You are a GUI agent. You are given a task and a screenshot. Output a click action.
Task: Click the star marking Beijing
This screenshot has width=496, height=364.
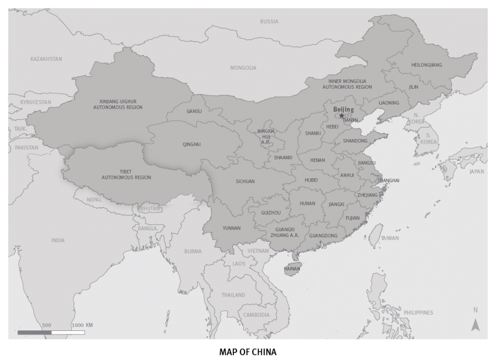[x=342, y=115]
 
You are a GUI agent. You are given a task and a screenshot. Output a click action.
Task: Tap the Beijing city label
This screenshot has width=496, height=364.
[x=344, y=110]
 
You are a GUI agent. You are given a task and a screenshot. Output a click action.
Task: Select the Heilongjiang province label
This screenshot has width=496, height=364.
[x=426, y=65]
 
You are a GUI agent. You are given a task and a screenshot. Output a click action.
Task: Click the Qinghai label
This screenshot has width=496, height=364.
[x=191, y=144]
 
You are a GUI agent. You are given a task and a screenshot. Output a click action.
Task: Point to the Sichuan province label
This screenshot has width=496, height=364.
[x=245, y=181]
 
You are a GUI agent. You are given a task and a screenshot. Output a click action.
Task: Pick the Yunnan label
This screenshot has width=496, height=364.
[x=231, y=228]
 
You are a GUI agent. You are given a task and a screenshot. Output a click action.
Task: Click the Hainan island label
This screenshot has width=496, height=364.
[x=292, y=269]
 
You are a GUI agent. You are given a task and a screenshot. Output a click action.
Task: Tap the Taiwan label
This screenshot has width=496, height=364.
[x=390, y=238]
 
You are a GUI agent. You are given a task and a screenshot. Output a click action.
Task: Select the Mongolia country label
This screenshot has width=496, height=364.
[x=243, y=68]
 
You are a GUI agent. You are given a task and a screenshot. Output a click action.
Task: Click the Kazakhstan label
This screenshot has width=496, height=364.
[x=46, y=59]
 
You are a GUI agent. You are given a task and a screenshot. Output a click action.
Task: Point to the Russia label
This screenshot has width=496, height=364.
[x=269, y=22]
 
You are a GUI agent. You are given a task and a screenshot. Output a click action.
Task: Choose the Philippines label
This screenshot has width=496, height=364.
[x=418, y=313]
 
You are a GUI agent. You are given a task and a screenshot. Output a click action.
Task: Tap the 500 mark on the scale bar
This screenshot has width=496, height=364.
[x=47, y=325]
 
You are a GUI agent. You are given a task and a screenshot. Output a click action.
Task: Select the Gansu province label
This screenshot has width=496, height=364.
[x=194, y=111]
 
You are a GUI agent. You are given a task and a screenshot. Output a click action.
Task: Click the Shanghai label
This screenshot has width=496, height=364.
[x=388, y=180]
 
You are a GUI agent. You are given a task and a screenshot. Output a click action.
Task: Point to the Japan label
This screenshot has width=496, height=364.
[x=477, y=172]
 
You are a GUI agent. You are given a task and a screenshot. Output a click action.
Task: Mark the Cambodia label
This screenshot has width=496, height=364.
[x=256, y=315]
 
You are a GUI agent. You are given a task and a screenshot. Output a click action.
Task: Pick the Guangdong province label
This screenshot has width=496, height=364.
[x=324, y=235]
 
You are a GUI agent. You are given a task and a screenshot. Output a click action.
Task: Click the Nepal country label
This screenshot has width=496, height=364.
[x=94, y=199]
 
